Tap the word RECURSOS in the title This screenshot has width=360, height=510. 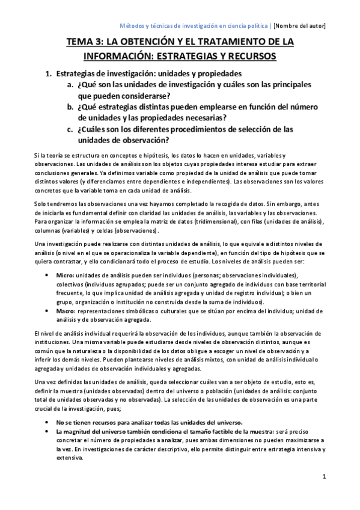248,56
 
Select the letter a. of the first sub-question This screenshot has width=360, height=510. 70,85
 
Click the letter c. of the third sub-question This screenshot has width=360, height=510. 70,129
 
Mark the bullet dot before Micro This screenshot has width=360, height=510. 48,274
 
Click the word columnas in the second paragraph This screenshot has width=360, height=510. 49,231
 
